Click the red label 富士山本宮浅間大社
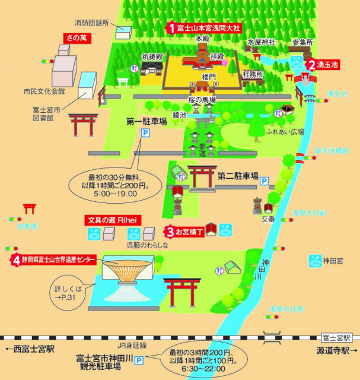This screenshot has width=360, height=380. (204, 28)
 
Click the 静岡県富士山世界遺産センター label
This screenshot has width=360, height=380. (57, 259)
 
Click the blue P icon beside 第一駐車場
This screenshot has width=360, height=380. (144, 135)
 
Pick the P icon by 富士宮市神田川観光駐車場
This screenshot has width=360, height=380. (139, 360)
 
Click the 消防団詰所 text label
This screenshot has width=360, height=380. (91, 23)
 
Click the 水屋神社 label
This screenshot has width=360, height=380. (262, 42)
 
